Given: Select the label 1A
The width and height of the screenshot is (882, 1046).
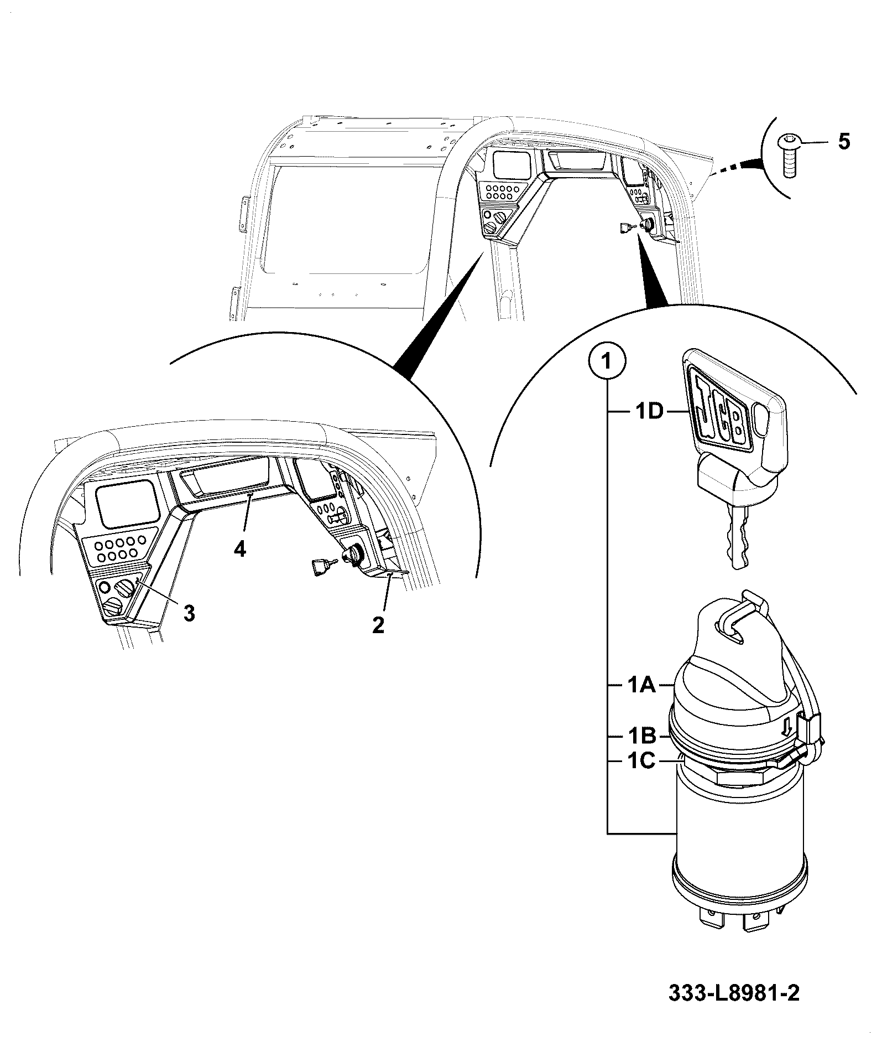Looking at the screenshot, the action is (x=641, y=686).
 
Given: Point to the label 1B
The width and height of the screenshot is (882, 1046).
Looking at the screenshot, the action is (x=641, y=737).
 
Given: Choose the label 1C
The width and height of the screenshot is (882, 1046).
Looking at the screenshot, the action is (x=641, y=762).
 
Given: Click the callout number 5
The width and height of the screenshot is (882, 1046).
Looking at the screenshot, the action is (x=844, y=142).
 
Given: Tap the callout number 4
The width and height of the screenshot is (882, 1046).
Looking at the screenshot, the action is (x=239, y=549).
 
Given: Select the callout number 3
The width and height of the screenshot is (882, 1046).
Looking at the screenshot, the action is (x=189, y=613).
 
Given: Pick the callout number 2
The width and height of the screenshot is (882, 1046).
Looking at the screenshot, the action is (x=378, y=625).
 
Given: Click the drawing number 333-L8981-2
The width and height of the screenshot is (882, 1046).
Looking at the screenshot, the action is (x=734, y=993).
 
